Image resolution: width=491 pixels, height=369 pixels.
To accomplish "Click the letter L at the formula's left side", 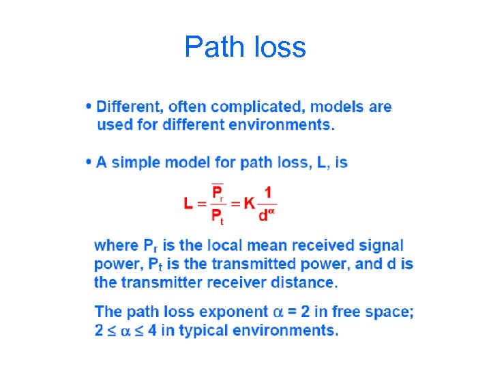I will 188,203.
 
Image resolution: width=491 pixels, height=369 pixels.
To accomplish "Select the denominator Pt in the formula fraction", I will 218,217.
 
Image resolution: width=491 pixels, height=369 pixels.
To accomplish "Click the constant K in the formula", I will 250,203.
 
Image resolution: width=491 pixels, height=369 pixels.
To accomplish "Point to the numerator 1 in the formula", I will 267,191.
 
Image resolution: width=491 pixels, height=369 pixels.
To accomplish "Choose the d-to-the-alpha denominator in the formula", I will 267,215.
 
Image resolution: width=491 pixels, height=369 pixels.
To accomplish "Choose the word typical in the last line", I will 203,331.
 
